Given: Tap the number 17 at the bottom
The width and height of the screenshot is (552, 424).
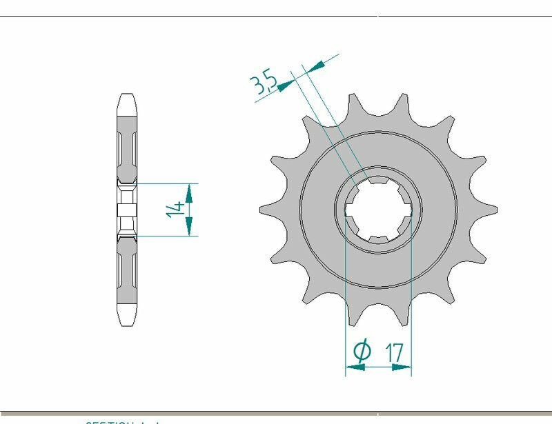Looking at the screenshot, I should pos(394,352).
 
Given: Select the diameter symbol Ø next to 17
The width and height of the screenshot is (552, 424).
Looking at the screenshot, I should pos(362,351).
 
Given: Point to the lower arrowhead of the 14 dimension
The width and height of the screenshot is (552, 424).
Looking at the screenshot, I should pos(190,228).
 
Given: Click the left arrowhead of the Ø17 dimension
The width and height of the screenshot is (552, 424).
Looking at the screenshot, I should pos(354,367).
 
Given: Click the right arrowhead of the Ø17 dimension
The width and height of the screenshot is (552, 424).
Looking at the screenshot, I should pos(402,367).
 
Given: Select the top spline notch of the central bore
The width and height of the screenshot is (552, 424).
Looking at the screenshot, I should pos(377,181).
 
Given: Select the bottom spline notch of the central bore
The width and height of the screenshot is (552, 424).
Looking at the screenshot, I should pos(377,239).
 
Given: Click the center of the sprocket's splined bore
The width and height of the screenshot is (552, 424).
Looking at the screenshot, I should pos(377,210).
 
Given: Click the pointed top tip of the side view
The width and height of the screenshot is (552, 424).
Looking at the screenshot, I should pos(126,96).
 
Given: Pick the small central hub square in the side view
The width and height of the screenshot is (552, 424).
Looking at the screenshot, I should pos(126,210).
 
